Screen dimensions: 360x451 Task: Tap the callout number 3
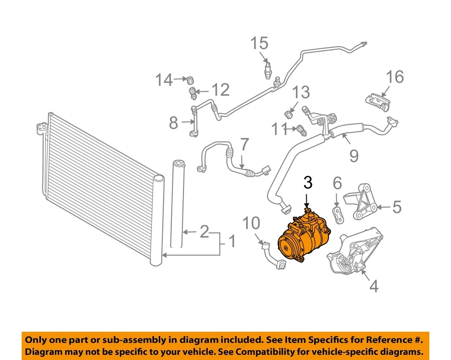point(307,181)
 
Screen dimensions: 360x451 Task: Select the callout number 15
point(259,43)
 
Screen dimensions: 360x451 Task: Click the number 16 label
point(395,77)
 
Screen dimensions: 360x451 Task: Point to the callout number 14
point(164,80)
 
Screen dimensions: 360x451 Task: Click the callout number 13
point(302,92)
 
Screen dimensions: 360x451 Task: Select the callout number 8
point(173,123)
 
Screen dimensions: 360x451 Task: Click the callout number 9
point(353,155)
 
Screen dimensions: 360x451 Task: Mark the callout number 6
point(337,182)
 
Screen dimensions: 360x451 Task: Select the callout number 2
point(204,231)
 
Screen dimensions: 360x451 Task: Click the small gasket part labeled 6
point(338,212)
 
